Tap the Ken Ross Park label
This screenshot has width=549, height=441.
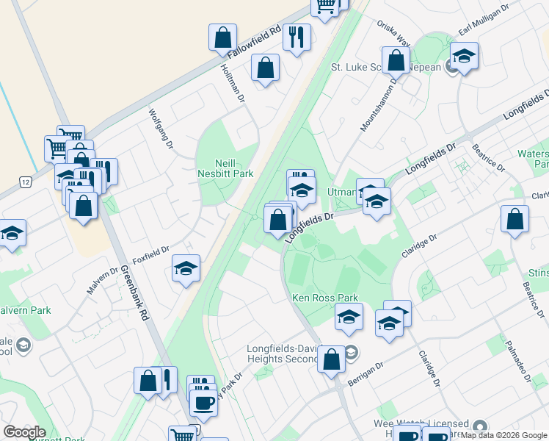(x=325, y=298)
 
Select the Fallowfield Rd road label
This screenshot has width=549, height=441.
(x=255, y=43)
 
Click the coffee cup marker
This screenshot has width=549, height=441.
(x=203, y=403)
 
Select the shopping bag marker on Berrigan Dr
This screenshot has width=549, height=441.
(x=332, y=359)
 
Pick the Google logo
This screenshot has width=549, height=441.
(x=23, y=432)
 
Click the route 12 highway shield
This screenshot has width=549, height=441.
(x=26, y=182)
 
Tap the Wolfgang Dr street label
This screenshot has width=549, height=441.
(x=161, y=129)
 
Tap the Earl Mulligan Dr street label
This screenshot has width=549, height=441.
(x=484, y=24)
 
